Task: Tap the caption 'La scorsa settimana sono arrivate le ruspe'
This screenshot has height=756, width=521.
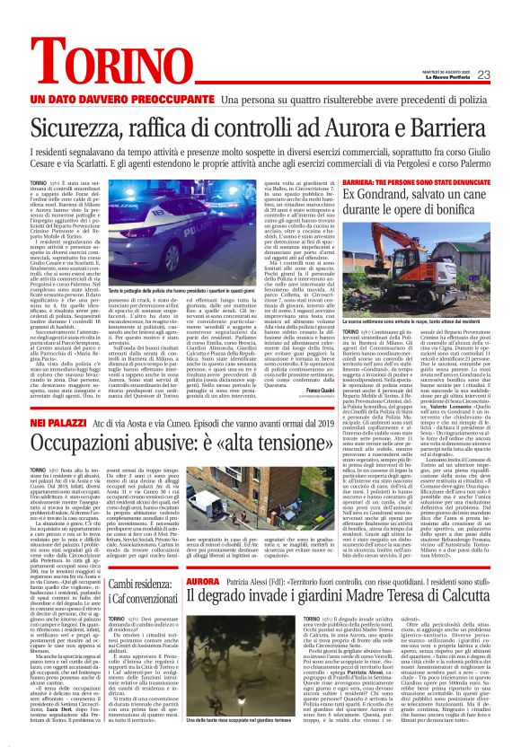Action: (418, 319)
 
